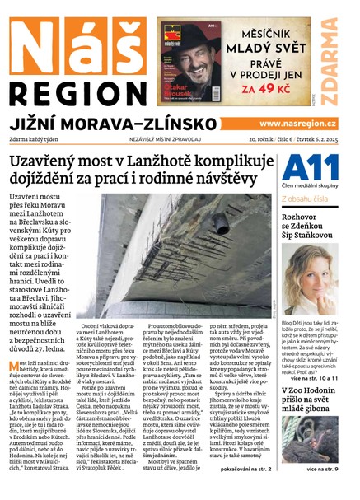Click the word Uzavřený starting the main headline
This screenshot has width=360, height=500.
67,159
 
